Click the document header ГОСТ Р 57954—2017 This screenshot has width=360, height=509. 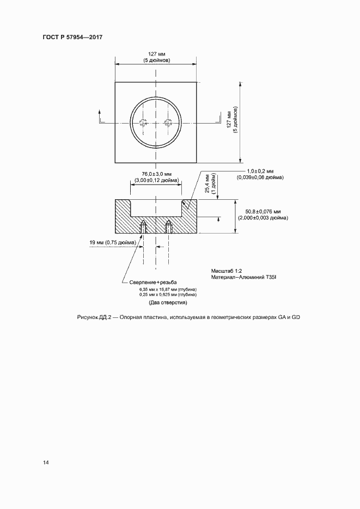click(x=72, y=38)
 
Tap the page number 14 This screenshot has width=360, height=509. click(x=46, y=463)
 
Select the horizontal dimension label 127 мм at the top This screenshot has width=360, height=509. click(x=156, y=54)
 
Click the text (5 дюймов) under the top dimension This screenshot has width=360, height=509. click(x=156, y=60)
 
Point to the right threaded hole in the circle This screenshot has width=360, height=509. click(x=168, y=122)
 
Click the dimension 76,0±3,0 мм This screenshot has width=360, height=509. click(x=156, y=174)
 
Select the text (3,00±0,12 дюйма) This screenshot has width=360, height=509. click(x=156, y=180)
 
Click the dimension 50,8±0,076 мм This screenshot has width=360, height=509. click(x=263, y=212)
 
